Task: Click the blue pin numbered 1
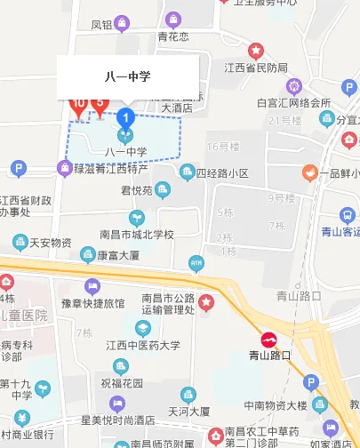click(x=126, y=116)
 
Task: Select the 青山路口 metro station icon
click(x=268, y=339)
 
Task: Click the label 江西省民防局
click(x=256, y=68)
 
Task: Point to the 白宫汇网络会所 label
click(x=293, y=103)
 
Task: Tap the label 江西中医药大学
click(x=142, y=345)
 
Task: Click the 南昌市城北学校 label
click(x=136, y=235)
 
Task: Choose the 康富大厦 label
click(x=118, y=255)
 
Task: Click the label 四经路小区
click(x=222, y=172)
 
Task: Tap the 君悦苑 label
click(x=138, y=189)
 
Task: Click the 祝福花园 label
click(x=122, y=383)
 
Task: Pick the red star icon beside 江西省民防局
click(x=256, y=51)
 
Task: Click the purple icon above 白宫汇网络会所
click(x=294, y=86)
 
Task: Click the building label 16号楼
click(x=223, y=146)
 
